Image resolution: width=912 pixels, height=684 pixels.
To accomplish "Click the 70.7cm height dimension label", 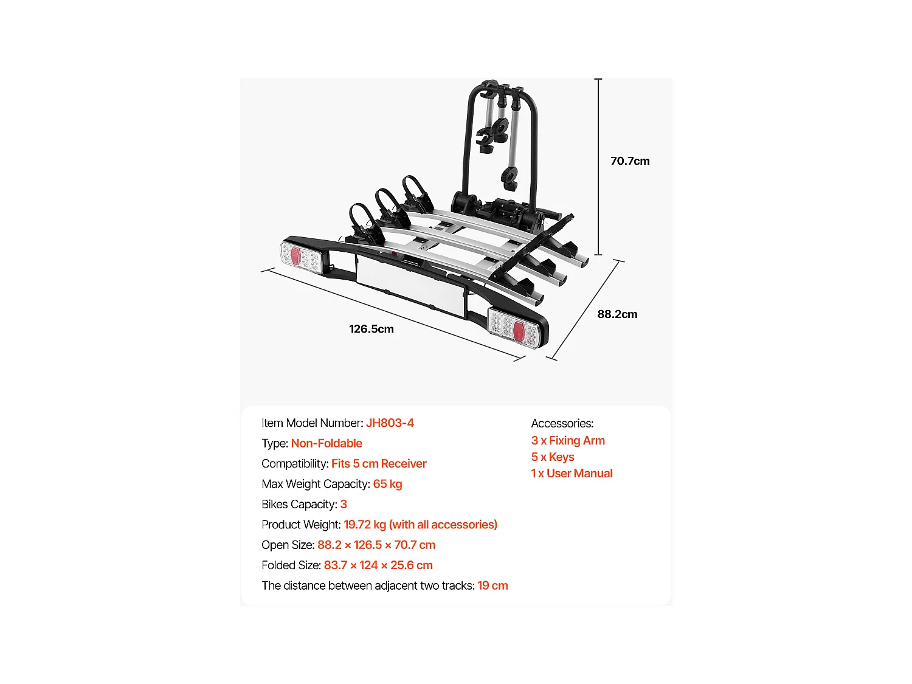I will [x=630, y=161].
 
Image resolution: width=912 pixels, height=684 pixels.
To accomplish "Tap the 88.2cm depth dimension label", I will [x=617, y=314].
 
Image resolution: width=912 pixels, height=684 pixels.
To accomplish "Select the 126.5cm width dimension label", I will [x=371, y=329].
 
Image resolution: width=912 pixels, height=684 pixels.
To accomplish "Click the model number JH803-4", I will [x=390, y=423].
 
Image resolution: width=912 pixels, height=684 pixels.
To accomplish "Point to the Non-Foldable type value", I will [x=326, y=443].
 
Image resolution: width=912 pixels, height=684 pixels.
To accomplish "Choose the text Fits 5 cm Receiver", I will [x=379, y=464].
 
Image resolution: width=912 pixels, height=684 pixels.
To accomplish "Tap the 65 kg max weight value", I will [x=387, y=484].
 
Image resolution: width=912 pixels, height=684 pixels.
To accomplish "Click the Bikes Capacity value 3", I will [x=344, y=505].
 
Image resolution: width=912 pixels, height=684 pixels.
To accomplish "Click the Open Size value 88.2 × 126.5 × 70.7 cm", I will [x=376, y=545].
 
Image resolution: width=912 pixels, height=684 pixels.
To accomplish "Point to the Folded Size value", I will [x=378, y=565].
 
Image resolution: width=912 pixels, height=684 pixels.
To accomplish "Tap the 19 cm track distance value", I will [x=492, y=586].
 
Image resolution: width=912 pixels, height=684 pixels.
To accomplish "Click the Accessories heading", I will [x=562, y=423].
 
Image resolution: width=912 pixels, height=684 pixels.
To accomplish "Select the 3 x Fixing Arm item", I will [x=568, y=441].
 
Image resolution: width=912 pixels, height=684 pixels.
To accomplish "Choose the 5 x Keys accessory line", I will [x=553, y=457].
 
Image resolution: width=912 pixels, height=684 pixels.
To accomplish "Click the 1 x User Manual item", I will [x=572, y=474].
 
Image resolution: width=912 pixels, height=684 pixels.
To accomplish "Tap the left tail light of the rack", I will [x=300, y=255].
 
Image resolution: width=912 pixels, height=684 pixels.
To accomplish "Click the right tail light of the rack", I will [x=514, y=328].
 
